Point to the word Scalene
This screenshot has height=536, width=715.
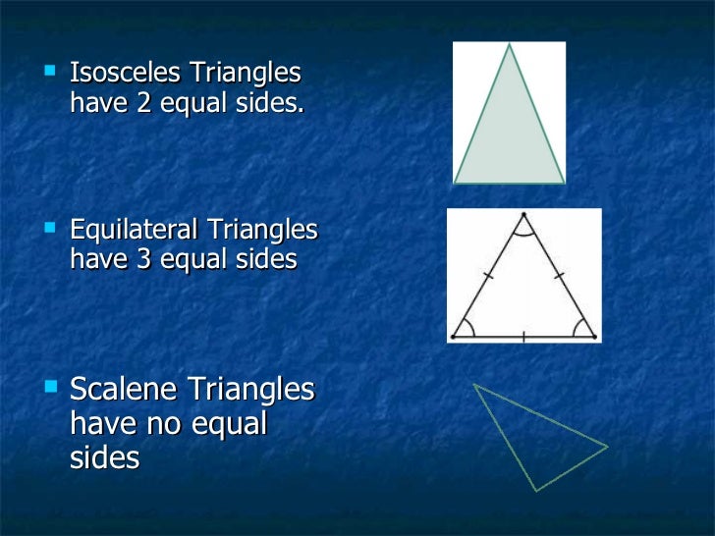click(x=124, y=390)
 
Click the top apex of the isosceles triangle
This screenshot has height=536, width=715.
click(x=509, y=46)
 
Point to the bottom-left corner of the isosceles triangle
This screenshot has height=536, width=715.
click(x=455, y=183)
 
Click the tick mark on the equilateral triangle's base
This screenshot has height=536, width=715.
click(x=523, y=337)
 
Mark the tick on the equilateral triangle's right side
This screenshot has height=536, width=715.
click(x=561, y=276)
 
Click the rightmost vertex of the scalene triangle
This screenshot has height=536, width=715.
click(x=607, y=448)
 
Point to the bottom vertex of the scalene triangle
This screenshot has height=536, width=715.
click(x=533, y=490)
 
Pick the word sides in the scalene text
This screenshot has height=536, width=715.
click(x=105, y=457)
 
